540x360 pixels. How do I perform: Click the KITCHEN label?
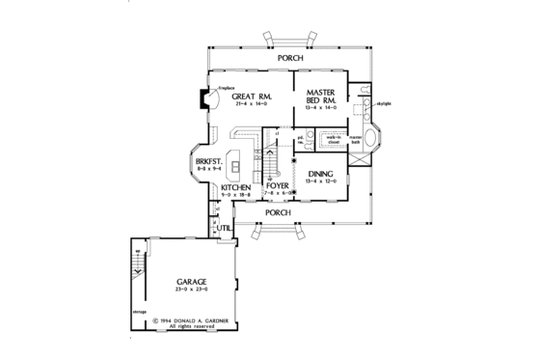(x=235, y=186)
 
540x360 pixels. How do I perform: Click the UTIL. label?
(x=223, y=228)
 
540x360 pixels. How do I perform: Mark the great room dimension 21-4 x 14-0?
(x=249, y=106)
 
